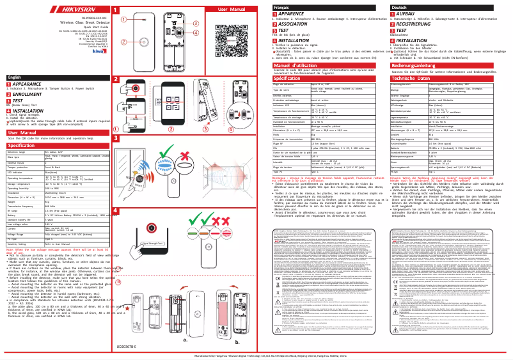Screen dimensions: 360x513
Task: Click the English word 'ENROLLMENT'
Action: [26, 93]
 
